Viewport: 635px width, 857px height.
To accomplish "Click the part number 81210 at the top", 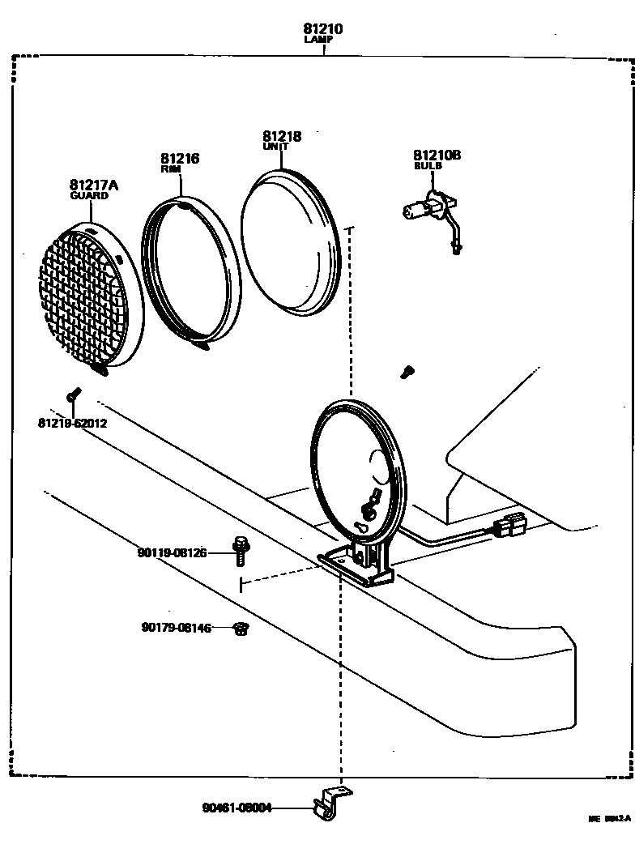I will tap(323, 29).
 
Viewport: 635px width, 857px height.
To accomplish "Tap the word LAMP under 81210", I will tap(323, 40).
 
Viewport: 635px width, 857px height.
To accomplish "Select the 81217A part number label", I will tap(94, 185).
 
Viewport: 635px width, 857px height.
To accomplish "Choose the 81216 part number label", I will tap(180, 159).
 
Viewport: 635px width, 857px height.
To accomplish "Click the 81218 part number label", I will tap(282, 137).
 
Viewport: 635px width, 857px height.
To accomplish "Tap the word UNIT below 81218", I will tap(275, 147).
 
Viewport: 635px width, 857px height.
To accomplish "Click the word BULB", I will tap(428, 165).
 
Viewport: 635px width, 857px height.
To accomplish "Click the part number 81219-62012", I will tap(72, 423).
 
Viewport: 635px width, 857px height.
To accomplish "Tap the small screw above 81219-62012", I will tap(73, 394).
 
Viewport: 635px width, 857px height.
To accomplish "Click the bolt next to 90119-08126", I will tap(240, 550).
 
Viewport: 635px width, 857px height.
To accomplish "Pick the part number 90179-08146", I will tap(176, 628).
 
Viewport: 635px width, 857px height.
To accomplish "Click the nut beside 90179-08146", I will tap(240, 629).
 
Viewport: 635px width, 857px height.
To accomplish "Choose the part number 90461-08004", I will tap(237, 808).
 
